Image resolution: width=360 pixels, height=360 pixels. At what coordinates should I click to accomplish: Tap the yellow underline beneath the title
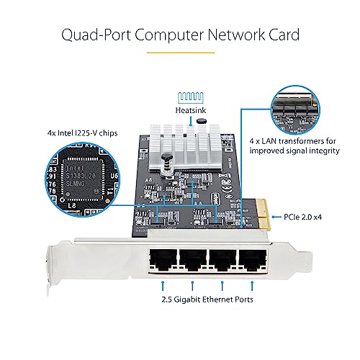(179, 52)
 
